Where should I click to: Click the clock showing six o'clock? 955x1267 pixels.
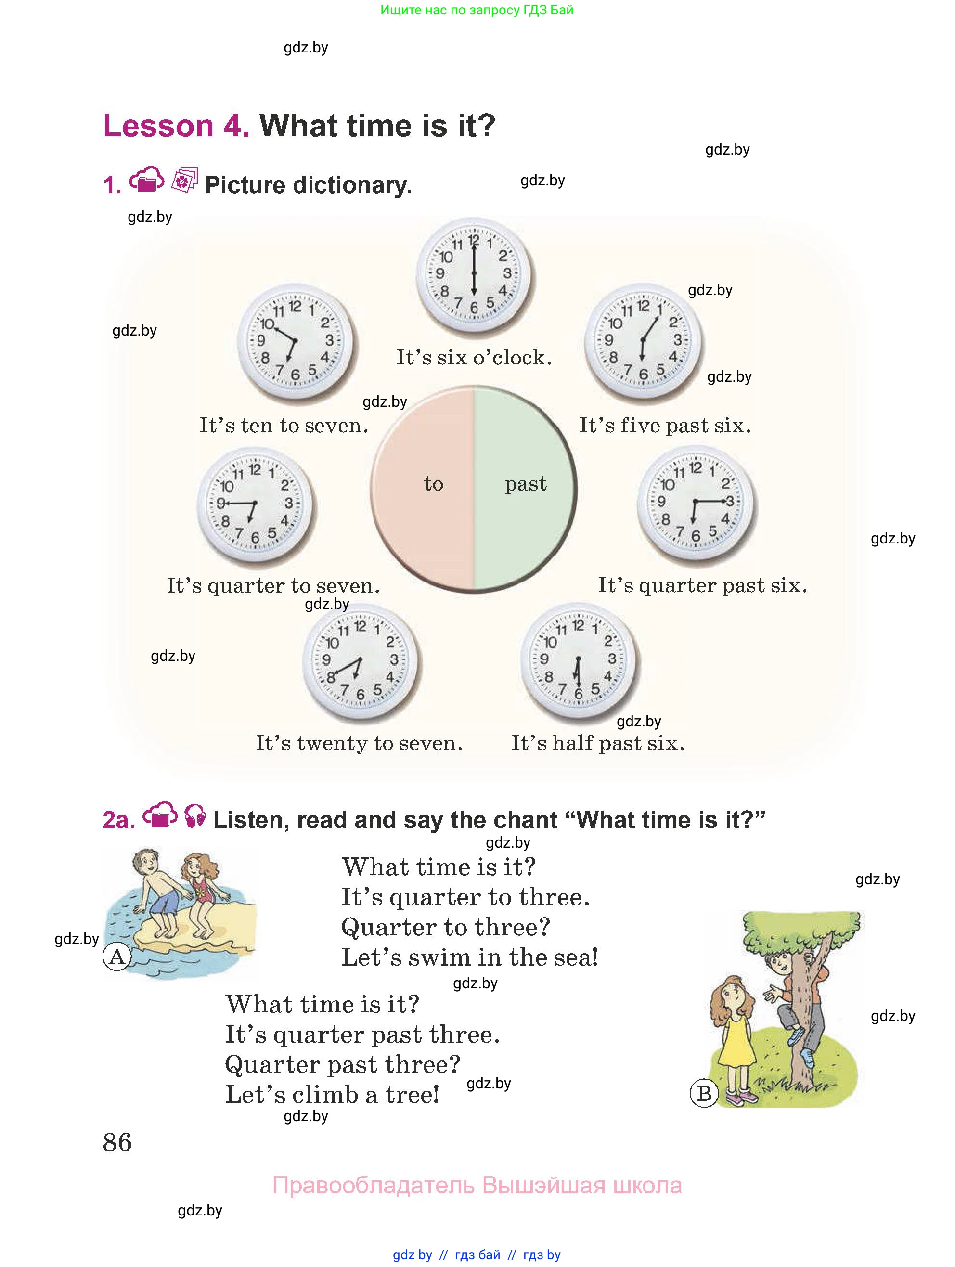coord(473,275)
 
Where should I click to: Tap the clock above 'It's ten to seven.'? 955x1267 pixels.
coord(295,341)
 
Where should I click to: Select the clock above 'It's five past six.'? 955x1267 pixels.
coord(643,341)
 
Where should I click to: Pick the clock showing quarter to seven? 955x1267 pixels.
coord(255,504)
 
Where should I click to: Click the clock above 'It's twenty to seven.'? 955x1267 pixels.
coord(361,661)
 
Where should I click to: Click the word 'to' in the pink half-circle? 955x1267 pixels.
coord(434,485)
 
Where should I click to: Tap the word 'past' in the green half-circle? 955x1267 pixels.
coord(525,485)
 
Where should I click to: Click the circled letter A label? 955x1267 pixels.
coord(117,956)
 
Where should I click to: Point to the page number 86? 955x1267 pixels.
coord(117,1142)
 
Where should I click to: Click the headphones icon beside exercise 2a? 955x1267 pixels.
coord(195,817)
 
